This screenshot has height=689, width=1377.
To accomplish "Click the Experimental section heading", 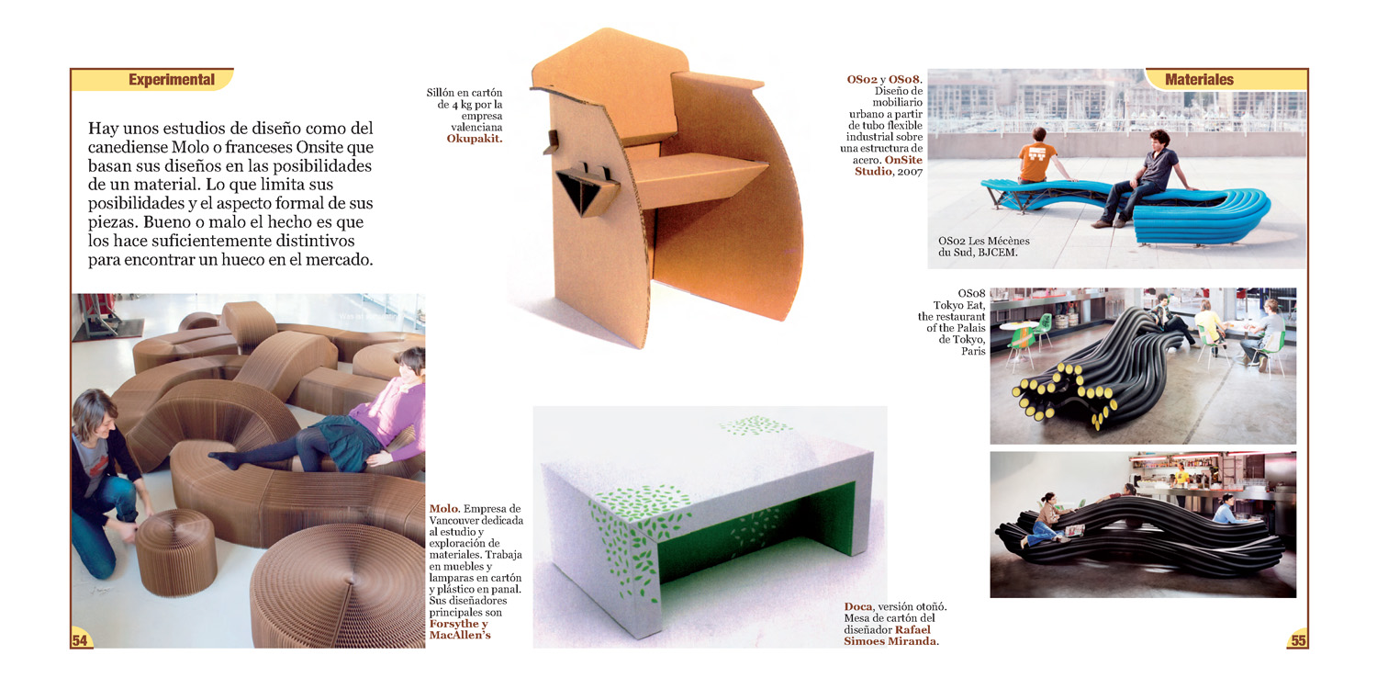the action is click(172, 80).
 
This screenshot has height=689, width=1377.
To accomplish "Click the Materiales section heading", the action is click(1199, 80).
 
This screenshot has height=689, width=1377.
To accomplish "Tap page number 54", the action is click(80, 640).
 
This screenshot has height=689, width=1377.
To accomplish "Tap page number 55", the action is click(1298, 640).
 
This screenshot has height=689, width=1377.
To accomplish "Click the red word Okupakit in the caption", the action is click(474, 139).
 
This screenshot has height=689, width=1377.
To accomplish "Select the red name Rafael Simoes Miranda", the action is click(890, 636).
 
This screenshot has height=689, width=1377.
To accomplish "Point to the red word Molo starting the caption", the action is click(443, 509).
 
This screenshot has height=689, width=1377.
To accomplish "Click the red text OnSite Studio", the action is click(889, 165).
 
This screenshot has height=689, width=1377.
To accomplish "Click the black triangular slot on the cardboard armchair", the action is click(579, 193).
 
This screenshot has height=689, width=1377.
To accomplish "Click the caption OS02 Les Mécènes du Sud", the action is click(983, 247).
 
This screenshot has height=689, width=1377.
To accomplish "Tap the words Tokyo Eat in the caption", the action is click(959, 305).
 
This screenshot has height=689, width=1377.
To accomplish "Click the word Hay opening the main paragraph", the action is click(103, 129).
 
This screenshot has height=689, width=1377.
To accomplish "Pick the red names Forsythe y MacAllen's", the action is click(460, 630).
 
